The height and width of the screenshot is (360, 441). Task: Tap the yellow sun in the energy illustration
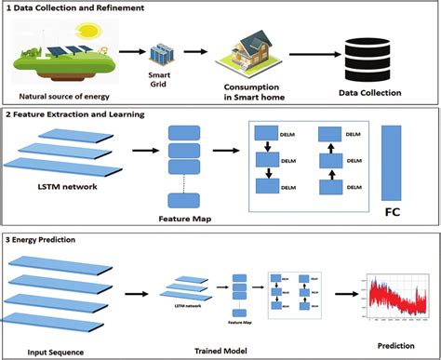[87, 31]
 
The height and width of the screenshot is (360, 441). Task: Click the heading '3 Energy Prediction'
[44, 239]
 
